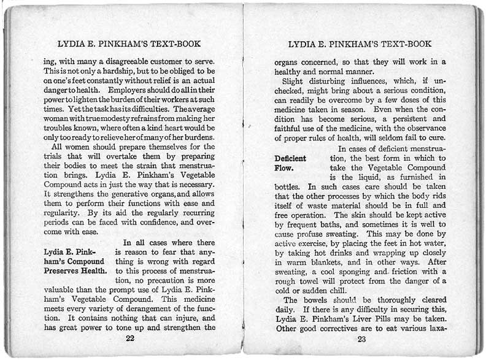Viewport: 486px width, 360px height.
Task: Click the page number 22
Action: tap(129, 338)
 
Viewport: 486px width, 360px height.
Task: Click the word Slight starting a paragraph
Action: tap(297, 80)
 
